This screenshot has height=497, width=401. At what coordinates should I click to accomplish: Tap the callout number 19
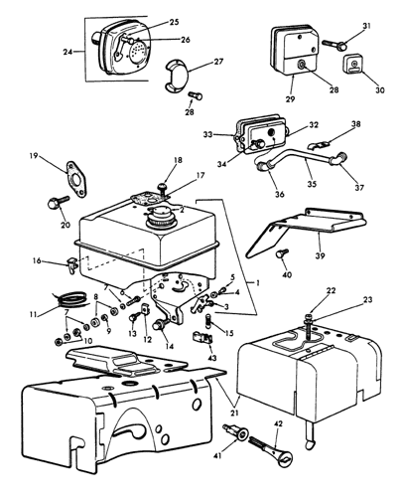[x=33, y=156]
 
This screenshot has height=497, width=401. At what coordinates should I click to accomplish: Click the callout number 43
[x=210, y=357]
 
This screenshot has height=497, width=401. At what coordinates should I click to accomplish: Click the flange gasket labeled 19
[x=72, y=175]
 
